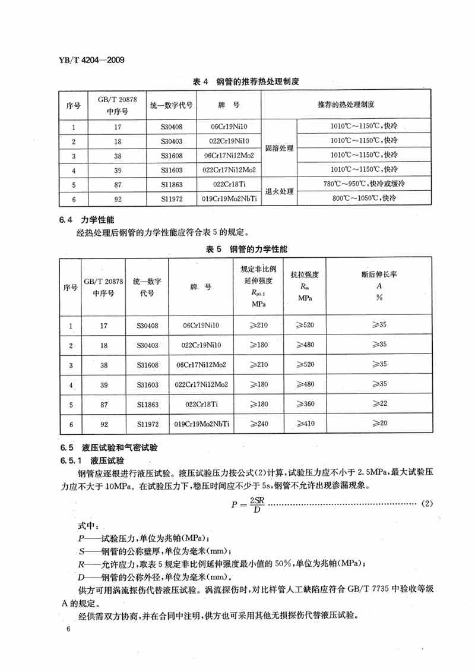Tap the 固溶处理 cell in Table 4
click(279, 148)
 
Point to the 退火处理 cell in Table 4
click(279, 191)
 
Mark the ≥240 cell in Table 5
click(259, 424)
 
